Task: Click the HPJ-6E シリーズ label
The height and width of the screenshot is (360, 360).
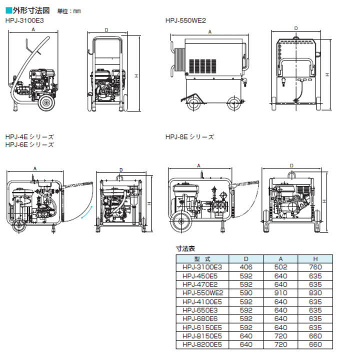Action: pos(29,144)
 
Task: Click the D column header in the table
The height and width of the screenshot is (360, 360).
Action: pos(245,259)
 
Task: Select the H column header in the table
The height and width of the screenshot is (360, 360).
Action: pos(315,259)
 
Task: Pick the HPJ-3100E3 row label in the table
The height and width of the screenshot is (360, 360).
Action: pos(202,267)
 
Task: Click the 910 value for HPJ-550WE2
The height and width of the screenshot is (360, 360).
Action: pos(280,293)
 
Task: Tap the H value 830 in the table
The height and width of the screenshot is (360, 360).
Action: pos(315,293)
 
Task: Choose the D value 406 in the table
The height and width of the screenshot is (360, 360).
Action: pos(245,267)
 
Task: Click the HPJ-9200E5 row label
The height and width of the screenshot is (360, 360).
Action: pos(202,344)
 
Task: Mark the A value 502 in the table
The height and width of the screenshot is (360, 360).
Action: pos(280,267)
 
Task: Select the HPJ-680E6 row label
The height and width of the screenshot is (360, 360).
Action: pos(202,318)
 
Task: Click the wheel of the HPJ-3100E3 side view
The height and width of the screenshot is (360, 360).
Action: pos(47,104)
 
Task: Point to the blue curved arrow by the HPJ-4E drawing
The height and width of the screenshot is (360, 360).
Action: pos(85,215)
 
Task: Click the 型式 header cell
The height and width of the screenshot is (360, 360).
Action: pos(202,259)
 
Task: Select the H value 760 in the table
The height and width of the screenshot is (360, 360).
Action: pos(315,267)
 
